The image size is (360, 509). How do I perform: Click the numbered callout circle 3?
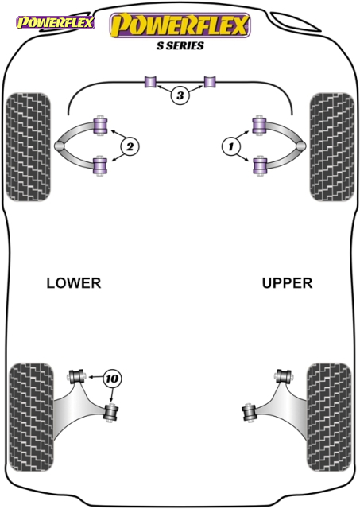[x=180, y=95]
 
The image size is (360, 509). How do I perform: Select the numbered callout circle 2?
[x=130, y=146]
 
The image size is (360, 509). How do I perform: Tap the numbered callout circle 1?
[x=230, y=146]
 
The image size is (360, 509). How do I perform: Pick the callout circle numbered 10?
[x=112, y=379]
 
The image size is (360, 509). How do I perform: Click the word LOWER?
[x=74, y=283]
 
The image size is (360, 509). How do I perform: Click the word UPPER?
[x=287, y=283]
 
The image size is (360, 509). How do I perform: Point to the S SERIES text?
[x=180, y=45]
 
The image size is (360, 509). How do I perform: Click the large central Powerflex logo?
[x=180, y=25]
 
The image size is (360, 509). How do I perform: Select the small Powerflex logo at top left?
[x=56, y=23]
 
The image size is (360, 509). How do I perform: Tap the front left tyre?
[x=29, y=147]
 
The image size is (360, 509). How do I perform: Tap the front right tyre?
[x=331, y=147]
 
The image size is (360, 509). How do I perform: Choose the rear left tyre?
[x=31, y=417]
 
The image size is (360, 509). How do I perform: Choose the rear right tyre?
[x=329, y=417]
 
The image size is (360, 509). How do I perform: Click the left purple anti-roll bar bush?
[x=150, y=82]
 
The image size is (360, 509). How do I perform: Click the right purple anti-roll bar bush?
[x=210, y=82]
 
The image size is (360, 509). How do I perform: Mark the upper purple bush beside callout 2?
[x=101, y=126]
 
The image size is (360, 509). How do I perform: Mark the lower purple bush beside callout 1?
[x=259, y=166]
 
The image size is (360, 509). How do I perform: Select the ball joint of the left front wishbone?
[x=60, y=146]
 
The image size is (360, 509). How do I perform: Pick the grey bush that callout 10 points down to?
[x=111, y=412]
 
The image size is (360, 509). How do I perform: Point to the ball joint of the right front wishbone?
[x=301, y=146]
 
